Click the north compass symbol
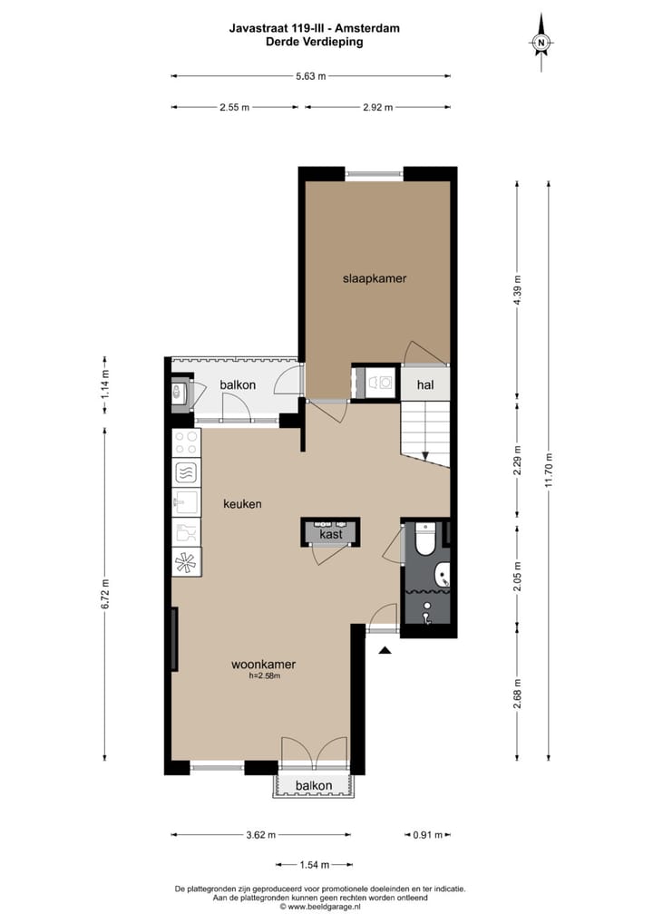tap(541, 42)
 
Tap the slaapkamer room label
tap(374, 278)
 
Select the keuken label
tap(243, 503)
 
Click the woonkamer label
tap(263, 664)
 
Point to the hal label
tap(425, 384)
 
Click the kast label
tap(330, 536)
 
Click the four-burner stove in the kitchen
tap(187, 442)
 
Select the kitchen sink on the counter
tap(187, 501)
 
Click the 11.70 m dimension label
tap(548, 470)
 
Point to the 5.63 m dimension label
tap(310, 76)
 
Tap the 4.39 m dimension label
tap(517, 290)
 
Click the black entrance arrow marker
tap(385, 650)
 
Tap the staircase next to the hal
tap(425, 433)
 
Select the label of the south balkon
tap(313, 785)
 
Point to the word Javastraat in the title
tap(258, 28)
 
